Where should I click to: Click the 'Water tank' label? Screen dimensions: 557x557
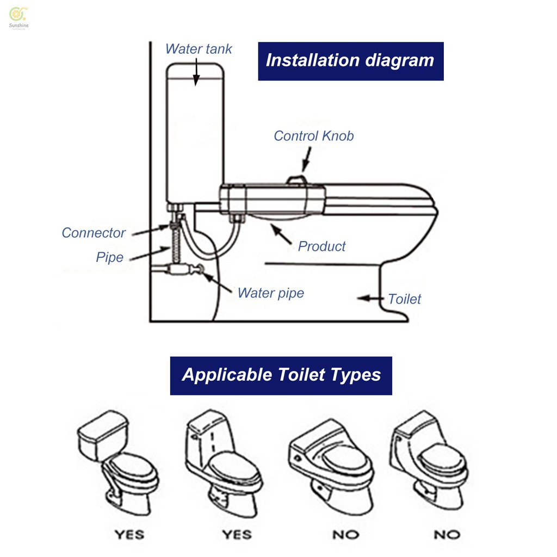pyautogui.click(x=199, y=49)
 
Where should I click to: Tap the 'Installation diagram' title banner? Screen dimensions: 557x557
pyautogui.click(x=350, y=60)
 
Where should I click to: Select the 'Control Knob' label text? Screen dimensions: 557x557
pyautogui.click(x=313, y=136)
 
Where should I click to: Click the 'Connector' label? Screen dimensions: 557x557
pyautogui.click(x=94, y=233)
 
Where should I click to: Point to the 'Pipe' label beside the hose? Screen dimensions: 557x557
pyautogui.click(x=110, y=257)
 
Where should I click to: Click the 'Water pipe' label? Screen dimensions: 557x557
pyautogui.click(x=270, y=293)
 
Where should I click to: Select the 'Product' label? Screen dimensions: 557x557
pyautogui.click(x=321, y=246)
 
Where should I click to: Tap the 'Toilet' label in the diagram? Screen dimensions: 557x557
pyautogui.click(x=404, y=299)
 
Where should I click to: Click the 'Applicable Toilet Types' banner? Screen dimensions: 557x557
pyautogui.click(x=281, y=375)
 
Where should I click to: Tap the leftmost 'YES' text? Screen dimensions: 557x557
pyautogui.click(x=129, y=535)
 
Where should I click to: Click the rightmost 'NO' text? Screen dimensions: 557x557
pyautogui.click(x=447, y=535)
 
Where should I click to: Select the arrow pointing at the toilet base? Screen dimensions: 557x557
pyautogui.click(x=370, y=298)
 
